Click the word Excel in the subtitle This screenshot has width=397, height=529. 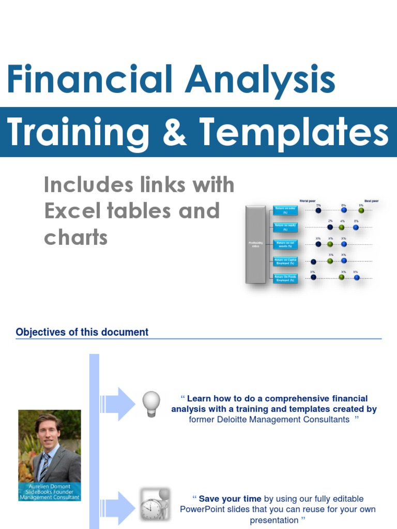tap(71, 211)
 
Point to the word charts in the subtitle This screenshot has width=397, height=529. tap(75, 237)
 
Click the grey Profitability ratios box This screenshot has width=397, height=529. tap(256, 244)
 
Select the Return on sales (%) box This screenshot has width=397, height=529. tap(285, 210)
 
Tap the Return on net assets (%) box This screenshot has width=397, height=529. tap(285, 244)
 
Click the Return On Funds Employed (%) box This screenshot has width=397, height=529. tap(285, 278)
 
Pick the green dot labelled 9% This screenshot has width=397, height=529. tap(361, 210)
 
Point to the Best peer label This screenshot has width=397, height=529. tap(371, 200)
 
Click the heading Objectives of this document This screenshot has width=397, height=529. tap(82, 332)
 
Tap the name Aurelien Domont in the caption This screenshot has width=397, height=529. tap(50, 487)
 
